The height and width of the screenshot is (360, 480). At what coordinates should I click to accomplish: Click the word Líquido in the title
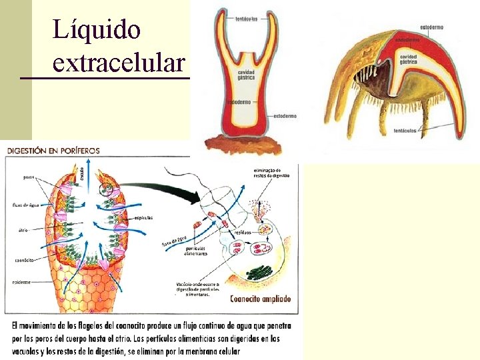pyautogui.click(x=97, y=30)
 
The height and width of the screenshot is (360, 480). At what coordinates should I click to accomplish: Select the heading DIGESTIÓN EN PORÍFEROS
pyautogui.click(x=53, y=151)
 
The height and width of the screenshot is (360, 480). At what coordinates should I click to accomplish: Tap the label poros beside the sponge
pyautogui.click(x=29, y=177)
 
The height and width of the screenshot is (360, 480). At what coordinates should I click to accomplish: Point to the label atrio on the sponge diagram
pyautogui.click(x=23, y=230)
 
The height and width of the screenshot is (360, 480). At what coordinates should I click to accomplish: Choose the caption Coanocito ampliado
pyautogui.click(x=261, y=299)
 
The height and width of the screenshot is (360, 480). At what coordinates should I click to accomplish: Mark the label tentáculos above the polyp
pyautogui.click(x=248, y=19)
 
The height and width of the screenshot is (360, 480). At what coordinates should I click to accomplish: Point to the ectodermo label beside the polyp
pyautogui.click(x=285, y=115)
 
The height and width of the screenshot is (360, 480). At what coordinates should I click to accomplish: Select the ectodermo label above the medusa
pyautogui.click(x=432, y=27)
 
